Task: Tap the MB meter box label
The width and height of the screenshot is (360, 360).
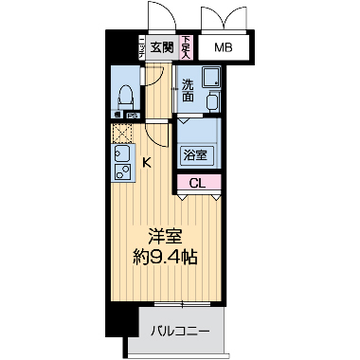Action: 222,48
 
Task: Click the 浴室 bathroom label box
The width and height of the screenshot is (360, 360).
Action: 197,153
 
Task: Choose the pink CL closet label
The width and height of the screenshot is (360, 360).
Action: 197,183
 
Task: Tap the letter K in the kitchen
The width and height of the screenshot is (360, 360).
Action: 147,162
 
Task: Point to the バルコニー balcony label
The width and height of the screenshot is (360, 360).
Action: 180,331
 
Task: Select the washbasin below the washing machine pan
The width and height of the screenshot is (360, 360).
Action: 212,101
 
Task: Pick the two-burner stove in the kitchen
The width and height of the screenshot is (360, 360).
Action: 121,172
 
